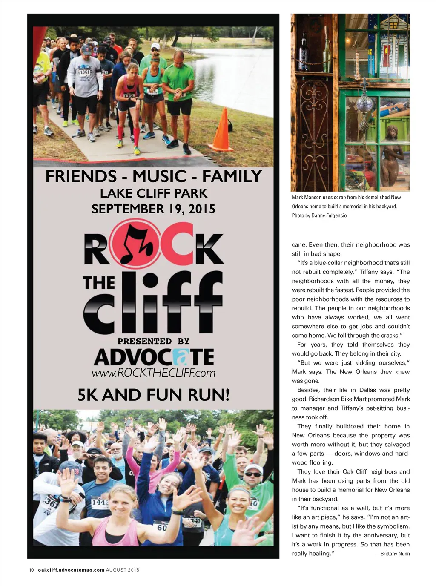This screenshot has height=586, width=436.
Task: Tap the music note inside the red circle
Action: point(136,244)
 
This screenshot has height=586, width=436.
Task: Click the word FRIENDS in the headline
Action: point(81,176)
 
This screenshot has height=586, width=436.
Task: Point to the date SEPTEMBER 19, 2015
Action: point(153,209)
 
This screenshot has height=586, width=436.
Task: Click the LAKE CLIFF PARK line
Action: point(153,193)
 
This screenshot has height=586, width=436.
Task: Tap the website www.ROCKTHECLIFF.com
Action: point(153,373)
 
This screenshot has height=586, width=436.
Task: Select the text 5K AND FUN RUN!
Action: point(153,395)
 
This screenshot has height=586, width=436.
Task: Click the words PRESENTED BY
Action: point(153,341)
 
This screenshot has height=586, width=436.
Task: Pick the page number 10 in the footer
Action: point(31,570)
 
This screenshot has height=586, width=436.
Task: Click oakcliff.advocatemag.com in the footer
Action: point(71,570)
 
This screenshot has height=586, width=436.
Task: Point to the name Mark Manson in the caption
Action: point(307,197)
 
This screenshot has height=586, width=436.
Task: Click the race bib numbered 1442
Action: point(100,503)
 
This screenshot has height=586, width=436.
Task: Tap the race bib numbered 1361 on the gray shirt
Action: point(85,72)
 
